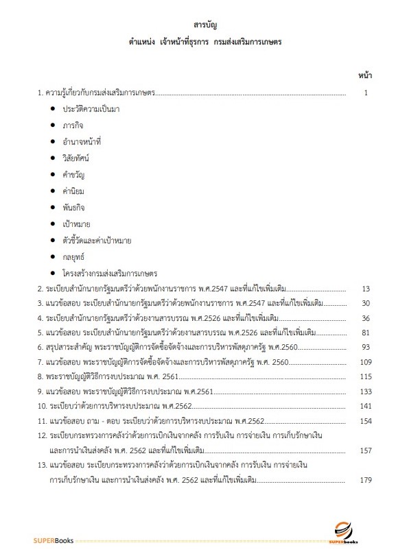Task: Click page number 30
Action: point(366,302)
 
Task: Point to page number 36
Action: point(366,317)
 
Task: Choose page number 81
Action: point(366,333)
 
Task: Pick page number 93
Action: point(366,347)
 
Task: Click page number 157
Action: point(365,450)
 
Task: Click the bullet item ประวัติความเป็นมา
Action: point(91,109)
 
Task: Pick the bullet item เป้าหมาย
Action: point(76,223)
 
